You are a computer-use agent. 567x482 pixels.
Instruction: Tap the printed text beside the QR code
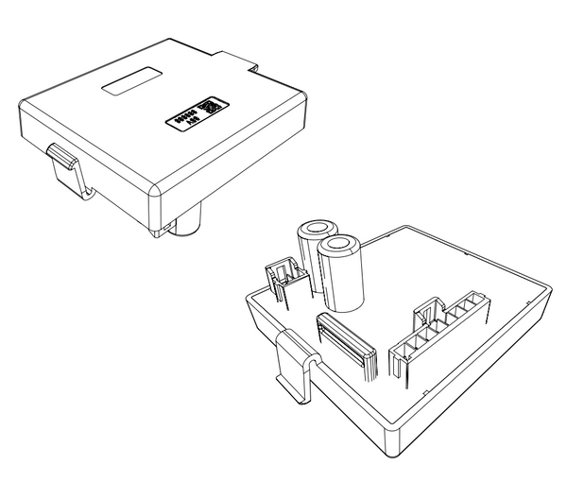pyautogui.click(x=184, y=117)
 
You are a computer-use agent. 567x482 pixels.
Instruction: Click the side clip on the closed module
pyautogui.click(x=64, y=166)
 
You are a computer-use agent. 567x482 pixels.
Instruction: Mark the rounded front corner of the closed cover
pyautogui.click(x=157, y=198)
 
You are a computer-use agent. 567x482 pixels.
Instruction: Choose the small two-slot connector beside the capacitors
pyautogui.click(x=286, y=281)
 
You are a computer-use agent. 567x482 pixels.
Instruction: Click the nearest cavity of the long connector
pyautogui.click(x=402, y=356)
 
